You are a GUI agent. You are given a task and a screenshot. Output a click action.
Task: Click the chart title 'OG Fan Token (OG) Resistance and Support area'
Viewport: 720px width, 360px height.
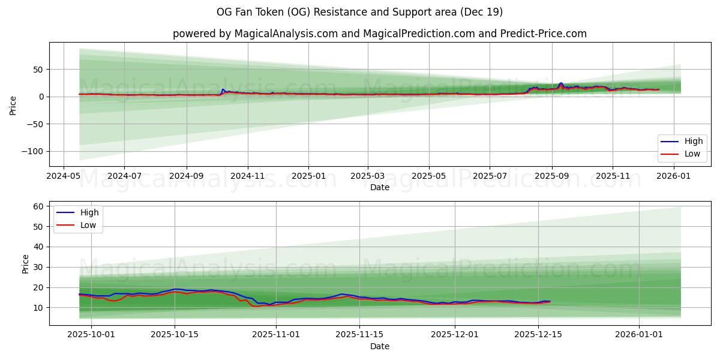359,12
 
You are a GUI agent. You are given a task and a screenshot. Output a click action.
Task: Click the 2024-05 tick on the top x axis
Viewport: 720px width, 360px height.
64,176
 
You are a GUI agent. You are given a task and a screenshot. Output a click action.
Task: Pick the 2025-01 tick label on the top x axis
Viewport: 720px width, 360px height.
308,176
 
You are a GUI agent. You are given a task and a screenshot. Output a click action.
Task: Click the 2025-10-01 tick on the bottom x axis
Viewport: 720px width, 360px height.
91,335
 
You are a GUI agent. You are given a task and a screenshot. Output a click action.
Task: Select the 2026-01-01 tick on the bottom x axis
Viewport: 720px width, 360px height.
640,335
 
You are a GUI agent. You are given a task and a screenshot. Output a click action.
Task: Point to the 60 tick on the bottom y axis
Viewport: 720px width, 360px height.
38,206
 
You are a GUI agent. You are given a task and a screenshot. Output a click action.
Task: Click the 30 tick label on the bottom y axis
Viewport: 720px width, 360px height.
38,267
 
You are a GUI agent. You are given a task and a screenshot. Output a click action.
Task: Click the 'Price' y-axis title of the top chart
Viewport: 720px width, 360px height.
13,104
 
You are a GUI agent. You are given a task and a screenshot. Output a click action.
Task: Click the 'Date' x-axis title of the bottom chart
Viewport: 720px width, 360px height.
379,346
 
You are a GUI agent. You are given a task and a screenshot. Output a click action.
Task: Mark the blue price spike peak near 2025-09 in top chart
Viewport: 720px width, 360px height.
561,83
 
